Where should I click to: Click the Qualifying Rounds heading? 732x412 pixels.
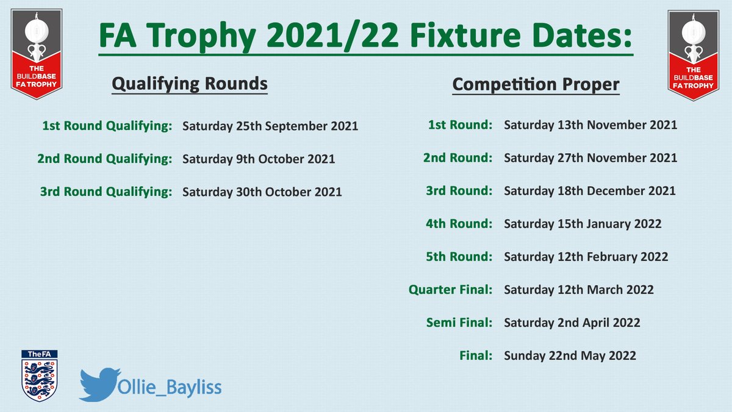(189, 84)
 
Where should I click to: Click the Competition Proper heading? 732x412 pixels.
(536, 85)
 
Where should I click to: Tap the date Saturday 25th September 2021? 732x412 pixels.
(270, 126)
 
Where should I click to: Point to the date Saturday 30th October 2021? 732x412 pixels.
(262, 192)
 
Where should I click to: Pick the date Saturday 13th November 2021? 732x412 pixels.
(590, 125)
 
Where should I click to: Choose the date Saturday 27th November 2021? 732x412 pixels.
(590, 158)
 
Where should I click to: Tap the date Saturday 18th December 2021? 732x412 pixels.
(590, 190)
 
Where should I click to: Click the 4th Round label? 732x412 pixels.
(459, 223)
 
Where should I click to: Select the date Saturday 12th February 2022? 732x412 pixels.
(586, 256)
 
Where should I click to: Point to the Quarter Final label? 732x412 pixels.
(450, 289)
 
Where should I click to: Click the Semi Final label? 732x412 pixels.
(459, 322)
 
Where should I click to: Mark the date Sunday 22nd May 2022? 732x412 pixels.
(570, 355)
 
